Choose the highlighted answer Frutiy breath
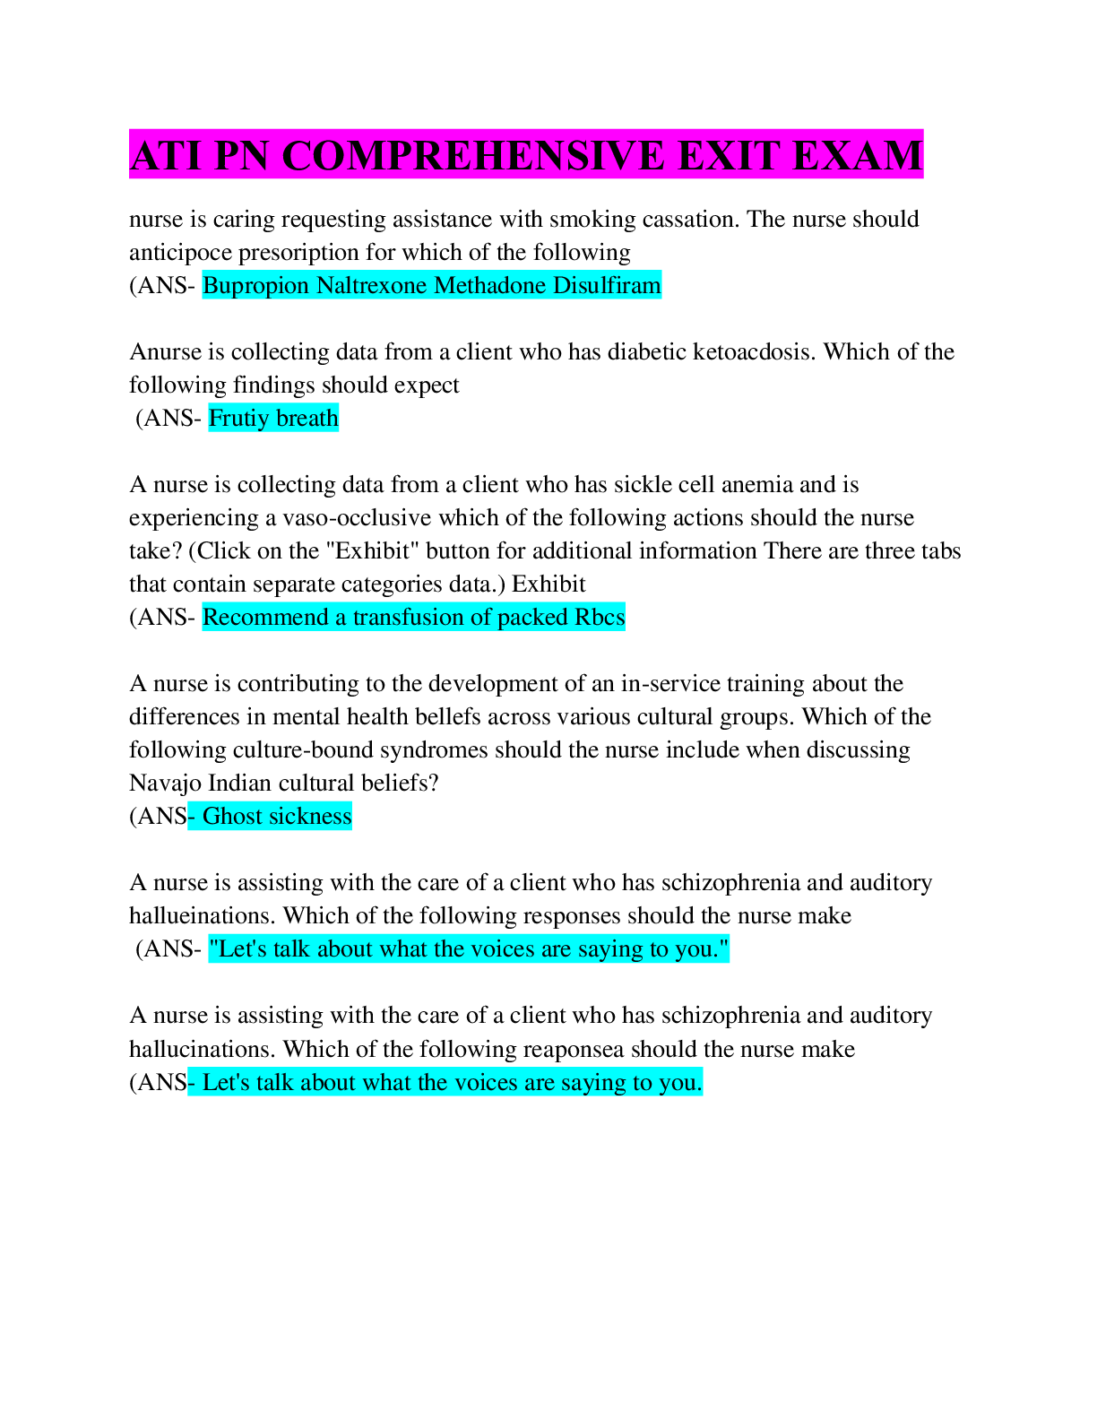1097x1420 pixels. click(273, 418)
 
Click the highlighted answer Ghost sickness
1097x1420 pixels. click(277, 816)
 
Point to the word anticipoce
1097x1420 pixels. click(180, 252)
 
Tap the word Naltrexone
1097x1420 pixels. click(372, 285)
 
